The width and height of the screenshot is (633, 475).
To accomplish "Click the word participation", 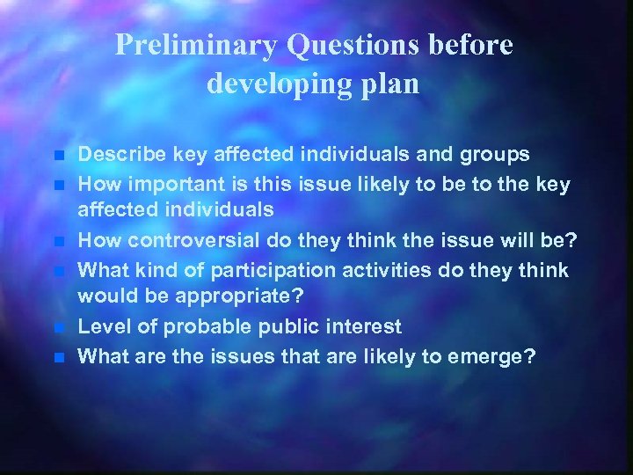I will pos(283,270).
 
